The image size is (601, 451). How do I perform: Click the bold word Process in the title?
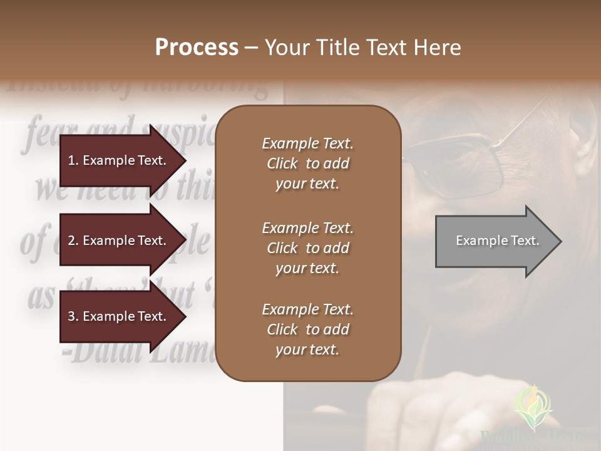pos(197,47)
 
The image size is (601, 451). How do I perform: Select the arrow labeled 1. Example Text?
pos(119,160)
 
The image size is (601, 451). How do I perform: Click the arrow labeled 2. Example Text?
pos(119,241)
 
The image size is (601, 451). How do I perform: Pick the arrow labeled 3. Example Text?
pos(119,316)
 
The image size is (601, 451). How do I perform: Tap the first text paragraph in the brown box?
pos(307,163)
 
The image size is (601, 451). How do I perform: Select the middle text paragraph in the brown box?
pos(307,248)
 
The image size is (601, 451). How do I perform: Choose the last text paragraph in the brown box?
pos(307,329)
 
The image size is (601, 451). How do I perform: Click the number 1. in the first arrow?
pos(73,160)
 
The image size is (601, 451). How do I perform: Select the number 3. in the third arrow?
pos(73,316)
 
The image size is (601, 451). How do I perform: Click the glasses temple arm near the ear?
pos(532,119)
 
